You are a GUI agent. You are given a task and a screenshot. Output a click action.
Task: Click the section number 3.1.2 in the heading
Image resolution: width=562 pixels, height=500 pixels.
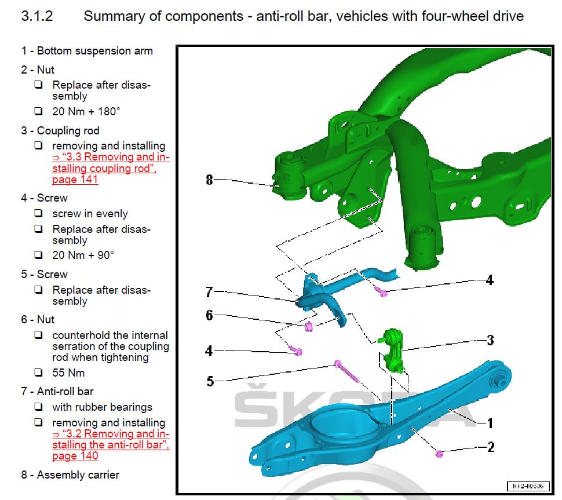tap(37, 16)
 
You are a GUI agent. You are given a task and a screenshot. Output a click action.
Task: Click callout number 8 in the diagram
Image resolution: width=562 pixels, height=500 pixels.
tap(209, 180)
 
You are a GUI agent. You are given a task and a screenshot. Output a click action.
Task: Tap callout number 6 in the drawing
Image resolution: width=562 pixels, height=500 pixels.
tap(209, 315)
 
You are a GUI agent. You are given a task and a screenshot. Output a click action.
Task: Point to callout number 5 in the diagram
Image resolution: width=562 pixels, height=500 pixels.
tap(210, 381)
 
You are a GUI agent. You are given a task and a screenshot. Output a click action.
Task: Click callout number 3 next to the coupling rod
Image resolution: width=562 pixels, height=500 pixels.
tap(490, 340)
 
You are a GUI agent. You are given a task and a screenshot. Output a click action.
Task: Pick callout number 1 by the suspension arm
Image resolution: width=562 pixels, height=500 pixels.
tap(490, 424)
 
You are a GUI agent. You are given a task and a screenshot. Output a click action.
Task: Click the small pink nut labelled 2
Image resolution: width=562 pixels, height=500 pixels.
tap(439, 453)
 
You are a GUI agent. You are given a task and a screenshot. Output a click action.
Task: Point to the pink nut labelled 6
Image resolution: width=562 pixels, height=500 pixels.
tap(309, 327)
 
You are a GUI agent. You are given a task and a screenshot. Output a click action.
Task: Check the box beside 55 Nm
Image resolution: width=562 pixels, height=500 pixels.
tap(38, 373)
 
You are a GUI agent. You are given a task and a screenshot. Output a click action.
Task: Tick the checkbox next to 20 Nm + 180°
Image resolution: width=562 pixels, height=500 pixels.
tap(38, 111)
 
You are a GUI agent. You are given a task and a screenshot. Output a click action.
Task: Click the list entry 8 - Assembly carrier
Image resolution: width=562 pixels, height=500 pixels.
tap(70, 475)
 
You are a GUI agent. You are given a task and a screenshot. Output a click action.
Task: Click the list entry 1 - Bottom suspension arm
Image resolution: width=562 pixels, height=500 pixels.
tap(87, 51)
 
